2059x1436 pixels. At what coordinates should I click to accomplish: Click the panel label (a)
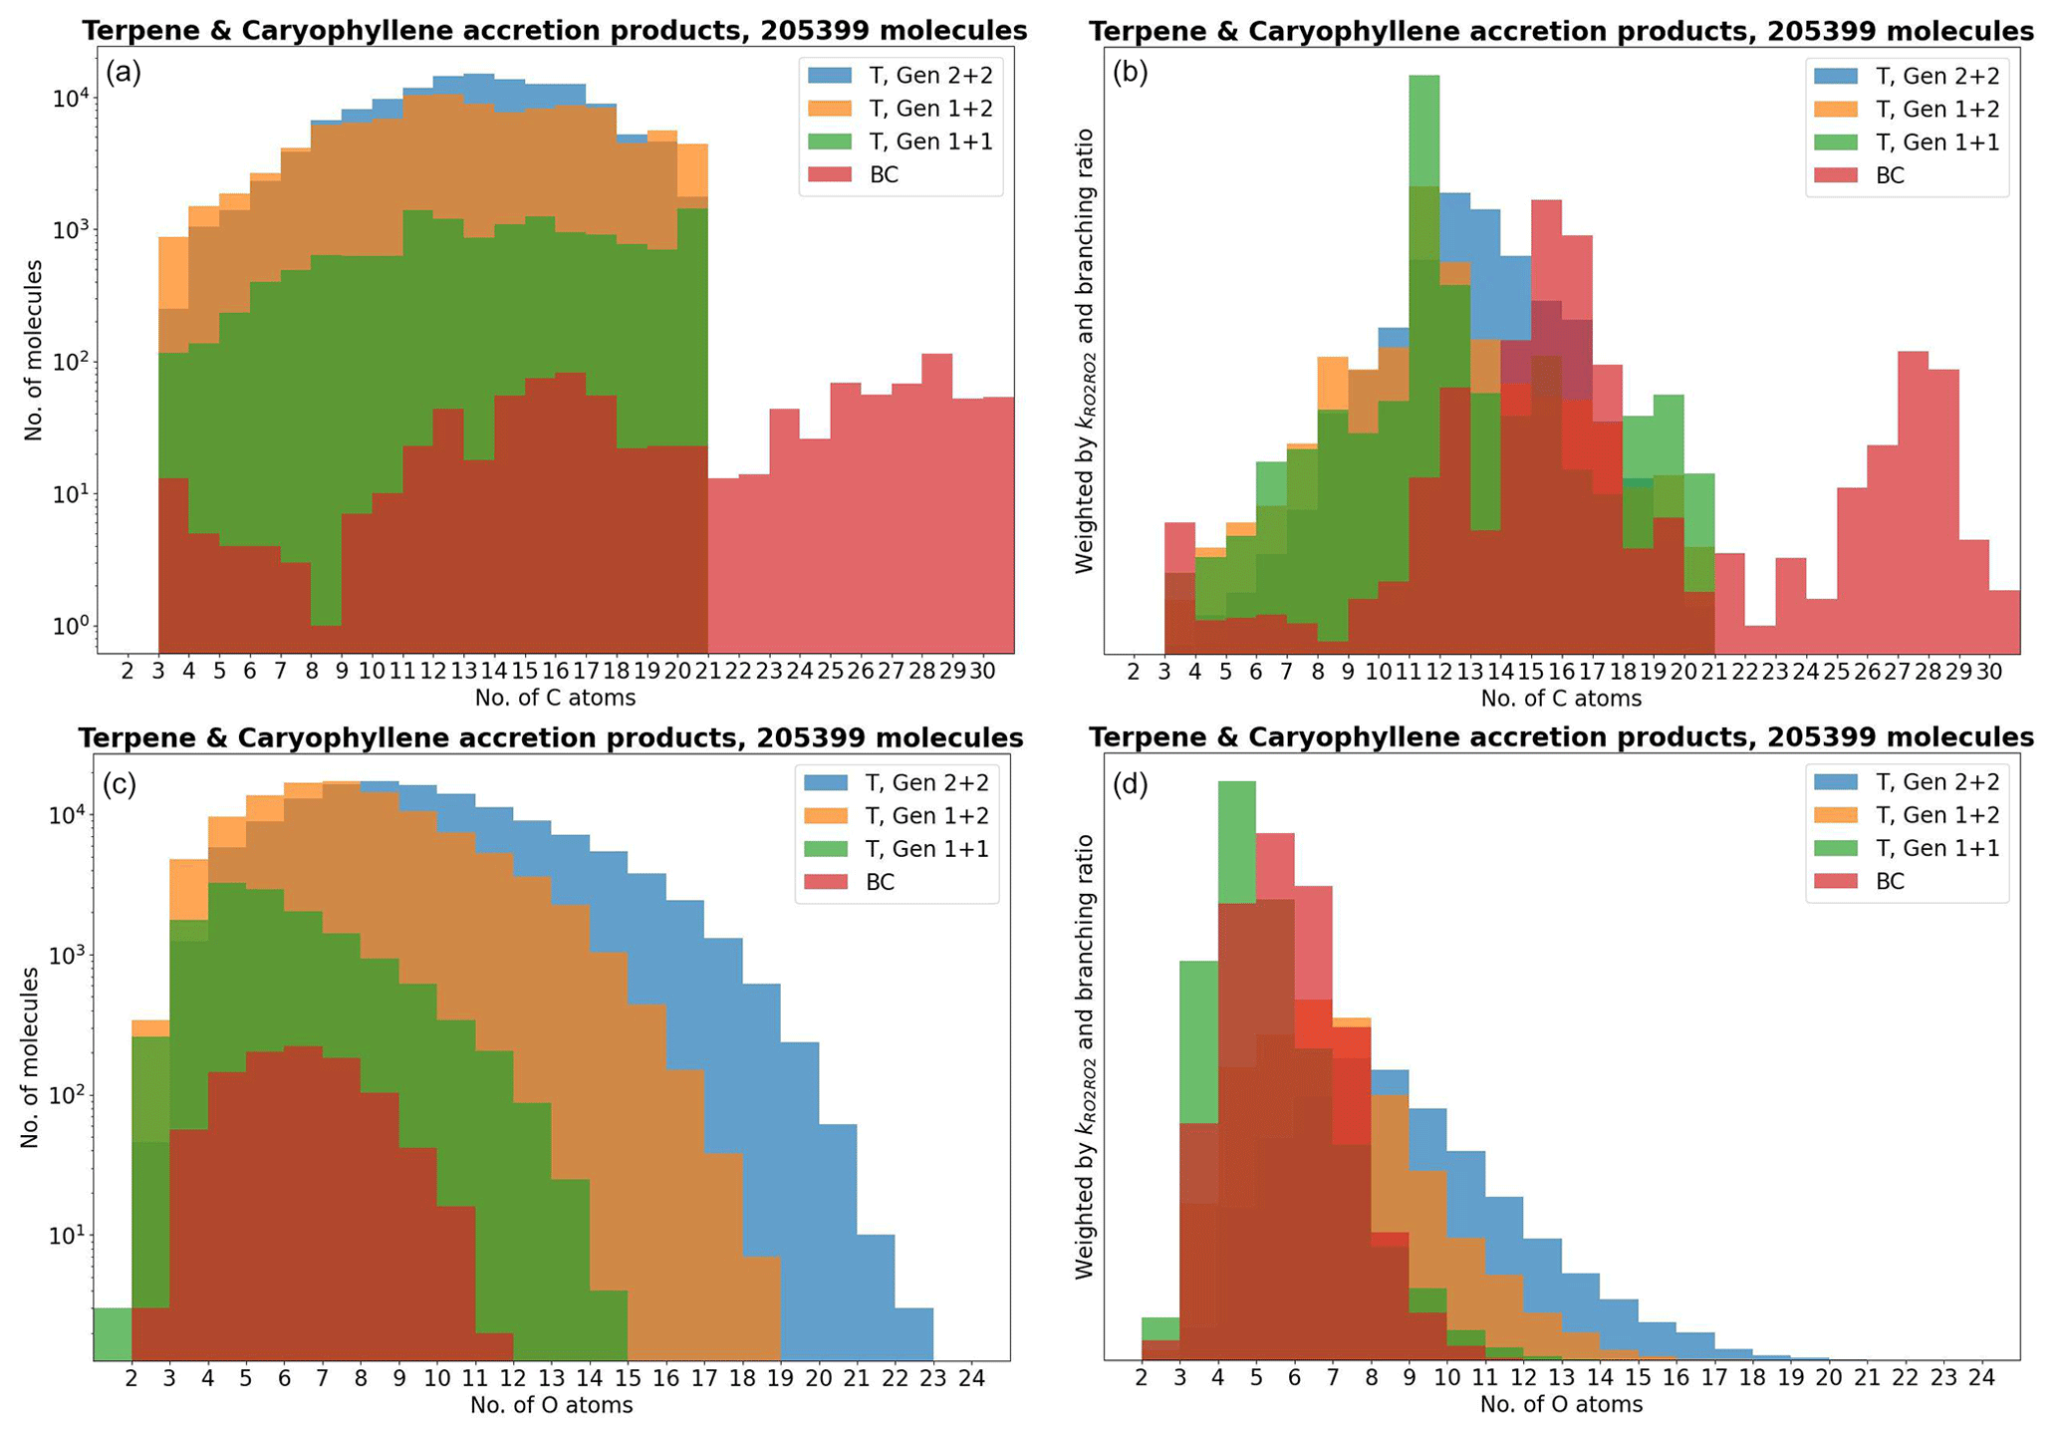pyautogui.click(x=123, y=74)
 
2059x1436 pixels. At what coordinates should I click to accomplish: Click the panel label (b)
pyautogui.click(x=1130, y=74)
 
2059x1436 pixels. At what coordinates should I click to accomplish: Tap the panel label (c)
pyautogui.click(x=120, y=784)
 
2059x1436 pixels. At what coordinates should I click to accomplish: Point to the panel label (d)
pyautogui.click(x=1130, y=784)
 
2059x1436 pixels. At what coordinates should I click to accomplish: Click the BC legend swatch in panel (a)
pyautogui.click(x=831, y=174)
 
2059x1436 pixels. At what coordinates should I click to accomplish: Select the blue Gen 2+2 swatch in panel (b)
pyautogui.click(x=1837, y=76)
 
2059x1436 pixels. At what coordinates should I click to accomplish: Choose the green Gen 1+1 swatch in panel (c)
pyautogui.click(x=827, y=849)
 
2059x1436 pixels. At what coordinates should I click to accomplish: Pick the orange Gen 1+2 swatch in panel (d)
pyautogui.click(x=1837, y=815)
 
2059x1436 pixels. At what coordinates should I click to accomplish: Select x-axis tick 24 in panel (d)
pyautogui.click(x=1981, y=1378)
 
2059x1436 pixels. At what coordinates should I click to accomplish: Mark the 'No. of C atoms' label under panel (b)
pyautogui.click(x=1561, y=699)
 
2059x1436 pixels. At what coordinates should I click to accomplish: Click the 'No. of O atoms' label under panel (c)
pyautogui.click(x=551, y=1405)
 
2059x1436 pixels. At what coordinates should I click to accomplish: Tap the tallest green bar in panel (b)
pyautogui.click(x=1423, y=130)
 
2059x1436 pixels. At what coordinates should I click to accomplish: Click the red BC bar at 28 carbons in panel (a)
pyautogui.click(x=936, y=498)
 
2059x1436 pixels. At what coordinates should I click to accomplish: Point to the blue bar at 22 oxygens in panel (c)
pyautogui.click(x=876, y=1295)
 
